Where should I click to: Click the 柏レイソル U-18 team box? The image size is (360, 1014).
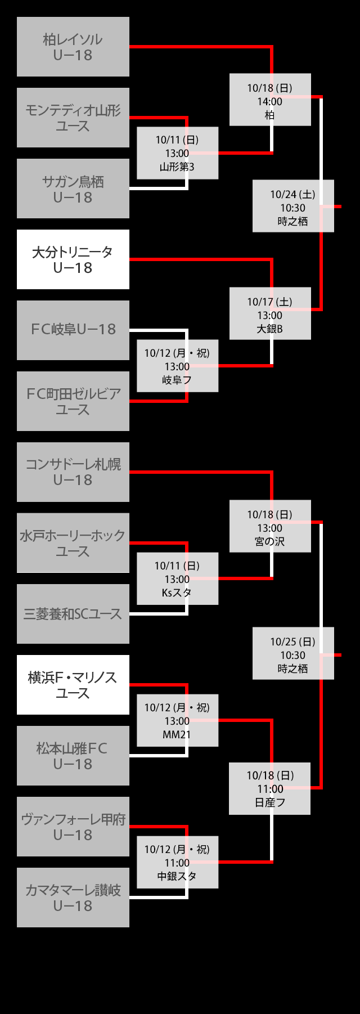pos(73,47)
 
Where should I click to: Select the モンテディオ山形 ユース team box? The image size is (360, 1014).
pos(73,118)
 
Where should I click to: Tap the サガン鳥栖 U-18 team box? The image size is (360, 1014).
pos(73,189)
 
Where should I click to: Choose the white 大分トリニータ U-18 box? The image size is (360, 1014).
pos(73,259)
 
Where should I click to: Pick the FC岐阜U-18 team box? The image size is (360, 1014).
pos(73,330)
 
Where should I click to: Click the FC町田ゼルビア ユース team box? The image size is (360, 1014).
pos(73,401)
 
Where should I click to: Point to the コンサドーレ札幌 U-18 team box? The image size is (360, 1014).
pos(73,472)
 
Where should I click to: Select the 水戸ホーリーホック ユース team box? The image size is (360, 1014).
pos(73,543)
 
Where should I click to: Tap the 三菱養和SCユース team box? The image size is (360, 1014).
pos(73,614)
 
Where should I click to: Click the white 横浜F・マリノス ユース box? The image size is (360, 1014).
pos(73,685)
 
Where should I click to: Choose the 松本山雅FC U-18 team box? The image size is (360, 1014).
pos(73,756)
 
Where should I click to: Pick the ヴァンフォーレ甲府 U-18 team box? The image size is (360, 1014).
pos(73,827)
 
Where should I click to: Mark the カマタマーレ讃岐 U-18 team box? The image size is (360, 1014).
pos(73,898)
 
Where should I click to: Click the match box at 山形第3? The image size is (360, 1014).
pos(177,153)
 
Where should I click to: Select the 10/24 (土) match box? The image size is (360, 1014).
pos(293,206)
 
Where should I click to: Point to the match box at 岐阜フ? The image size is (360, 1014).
pos(177,366)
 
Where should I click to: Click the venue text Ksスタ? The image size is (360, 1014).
pos(177,593)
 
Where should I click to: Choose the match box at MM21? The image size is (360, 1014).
pos(177,720)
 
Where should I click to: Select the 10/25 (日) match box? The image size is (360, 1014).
pos(293,653)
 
